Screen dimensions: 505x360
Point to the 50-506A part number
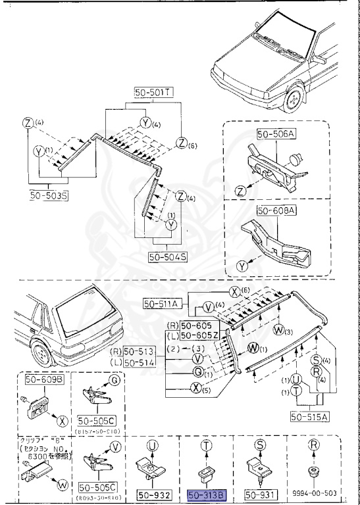click(276, 133)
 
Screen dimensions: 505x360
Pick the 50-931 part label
click(261, 494)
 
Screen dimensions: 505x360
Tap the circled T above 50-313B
click(207, 445)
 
